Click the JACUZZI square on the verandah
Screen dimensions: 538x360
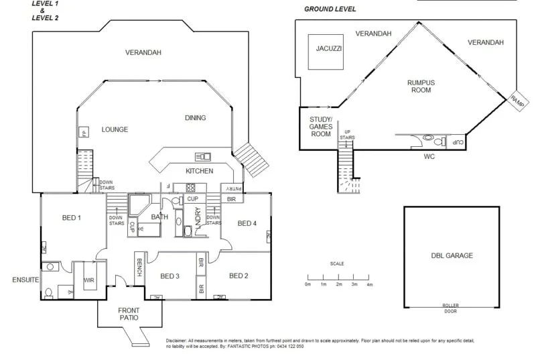[325, 52]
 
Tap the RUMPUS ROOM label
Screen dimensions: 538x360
[421, 86]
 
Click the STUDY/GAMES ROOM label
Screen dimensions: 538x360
[320, 127]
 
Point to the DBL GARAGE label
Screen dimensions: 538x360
[452, 255]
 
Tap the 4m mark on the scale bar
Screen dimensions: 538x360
[369, 284]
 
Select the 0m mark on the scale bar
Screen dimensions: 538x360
[308, 284]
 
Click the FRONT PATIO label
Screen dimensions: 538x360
[129, 314]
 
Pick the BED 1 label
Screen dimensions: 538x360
[71, 218]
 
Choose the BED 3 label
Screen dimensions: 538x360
[170, 276]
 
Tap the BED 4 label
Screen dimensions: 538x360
[247, 223]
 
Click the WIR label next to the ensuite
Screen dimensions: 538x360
[88, 280]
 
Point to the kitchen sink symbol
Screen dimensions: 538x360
[202, 156]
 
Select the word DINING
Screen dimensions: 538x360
[195, 118]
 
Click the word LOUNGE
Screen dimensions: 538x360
[115, 129]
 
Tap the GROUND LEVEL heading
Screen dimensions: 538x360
[330, 9]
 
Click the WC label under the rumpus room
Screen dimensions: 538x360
[429, 159]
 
